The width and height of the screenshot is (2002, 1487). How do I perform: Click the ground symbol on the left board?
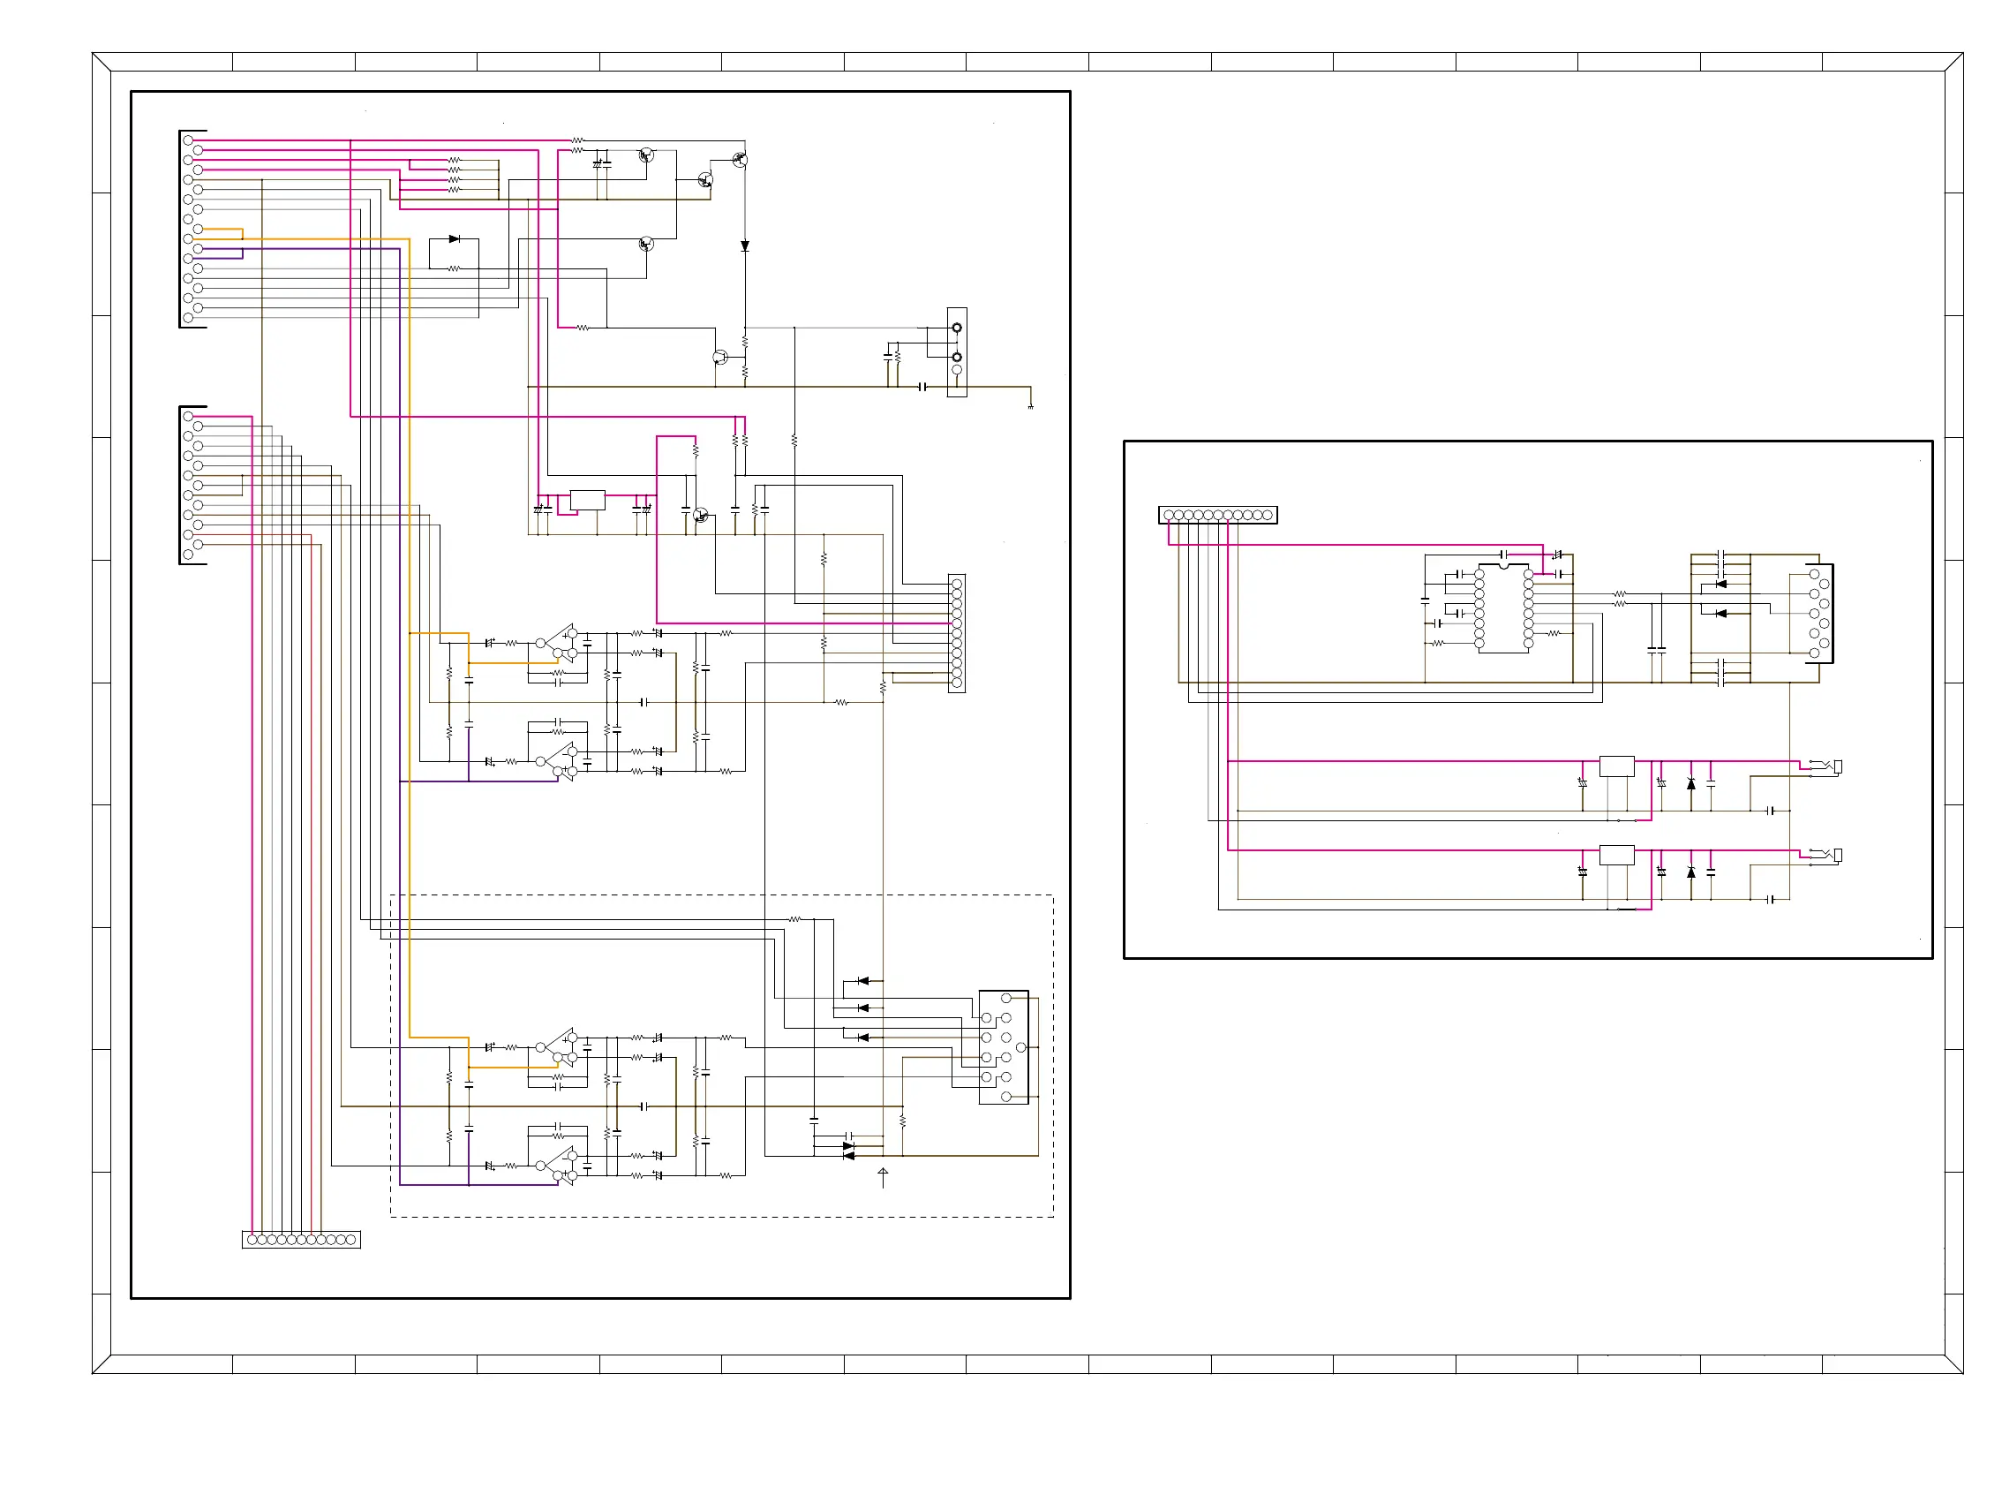(1030, 407)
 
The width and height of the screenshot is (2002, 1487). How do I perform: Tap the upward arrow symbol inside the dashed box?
(883, 1174)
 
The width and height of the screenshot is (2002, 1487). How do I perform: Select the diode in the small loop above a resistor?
(454, 239)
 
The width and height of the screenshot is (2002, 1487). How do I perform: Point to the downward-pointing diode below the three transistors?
(744, 245)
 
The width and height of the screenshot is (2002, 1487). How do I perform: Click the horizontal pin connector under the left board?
(300, 1240)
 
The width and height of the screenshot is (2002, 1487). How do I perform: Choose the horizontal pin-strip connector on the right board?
(1216, 515)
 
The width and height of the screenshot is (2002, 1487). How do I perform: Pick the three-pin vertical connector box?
(957, 352)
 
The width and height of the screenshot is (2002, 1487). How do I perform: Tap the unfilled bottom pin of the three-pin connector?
(957, 370)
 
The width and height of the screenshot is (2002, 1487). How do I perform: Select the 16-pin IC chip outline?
(1502, 608)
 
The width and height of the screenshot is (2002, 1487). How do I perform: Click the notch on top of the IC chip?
(1502, 566)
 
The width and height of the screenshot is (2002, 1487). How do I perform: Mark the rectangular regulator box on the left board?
(587, 501)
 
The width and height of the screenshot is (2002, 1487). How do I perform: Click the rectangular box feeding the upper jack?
(1616, 766)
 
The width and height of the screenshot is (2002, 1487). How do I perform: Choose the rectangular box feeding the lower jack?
(1616, 855)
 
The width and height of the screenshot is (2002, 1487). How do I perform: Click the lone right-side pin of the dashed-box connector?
(1020, 1048)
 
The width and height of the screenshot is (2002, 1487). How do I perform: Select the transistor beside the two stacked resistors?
(719, 358)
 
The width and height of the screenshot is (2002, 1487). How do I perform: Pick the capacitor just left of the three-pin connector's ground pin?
(922, 387)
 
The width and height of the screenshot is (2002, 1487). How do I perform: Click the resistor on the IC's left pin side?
(1437, 644)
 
